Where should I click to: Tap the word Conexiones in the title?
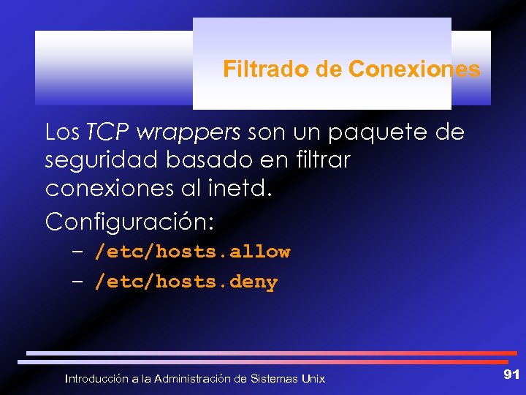pos(414,69)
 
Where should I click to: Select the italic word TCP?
pos(108,132)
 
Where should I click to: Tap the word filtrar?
pos(319,160)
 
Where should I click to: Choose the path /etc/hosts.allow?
pos(193,252)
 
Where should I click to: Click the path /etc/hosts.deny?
pos(186,282)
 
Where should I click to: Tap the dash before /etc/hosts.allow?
pos(78,252)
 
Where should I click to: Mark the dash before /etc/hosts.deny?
pos(78,282)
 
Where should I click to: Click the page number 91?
pos(511,375)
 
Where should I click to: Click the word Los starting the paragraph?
pos(63,132)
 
